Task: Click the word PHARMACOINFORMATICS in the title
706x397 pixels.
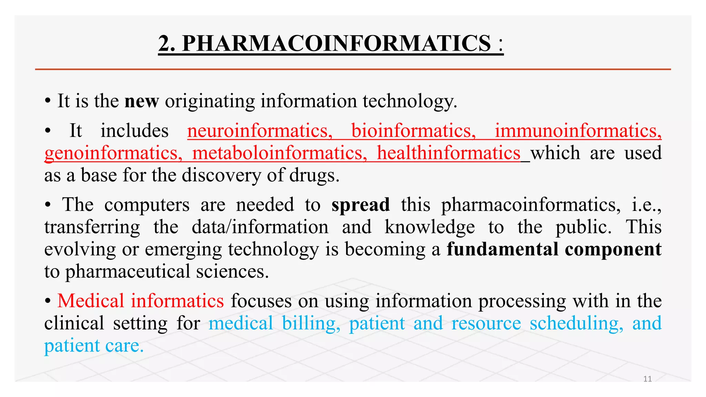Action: [x=336, y=43]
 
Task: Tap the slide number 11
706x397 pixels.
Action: [x=647, y=379]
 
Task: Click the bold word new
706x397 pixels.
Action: [x=142, y=101]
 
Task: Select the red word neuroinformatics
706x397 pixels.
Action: [x=260, y=131]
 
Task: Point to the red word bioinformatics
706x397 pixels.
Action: [x=413, y=131]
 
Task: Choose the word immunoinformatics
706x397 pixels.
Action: [x=578, y=131]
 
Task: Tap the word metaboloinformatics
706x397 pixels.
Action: [x=280, y=153]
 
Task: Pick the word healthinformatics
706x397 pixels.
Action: [x=448, y=153]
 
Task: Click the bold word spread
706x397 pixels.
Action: [x=361, y=205]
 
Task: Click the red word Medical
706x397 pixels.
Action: [x=91, y=301]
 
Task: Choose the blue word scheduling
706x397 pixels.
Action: [x=576, y=323]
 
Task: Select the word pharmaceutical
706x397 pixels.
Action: [x=128, y=272]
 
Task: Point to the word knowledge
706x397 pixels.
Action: [x=430, y=227]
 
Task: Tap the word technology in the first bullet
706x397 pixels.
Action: [x=409, y=101]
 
